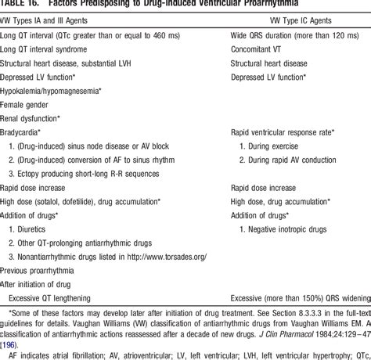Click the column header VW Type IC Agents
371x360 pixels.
(x=266, y=17)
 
